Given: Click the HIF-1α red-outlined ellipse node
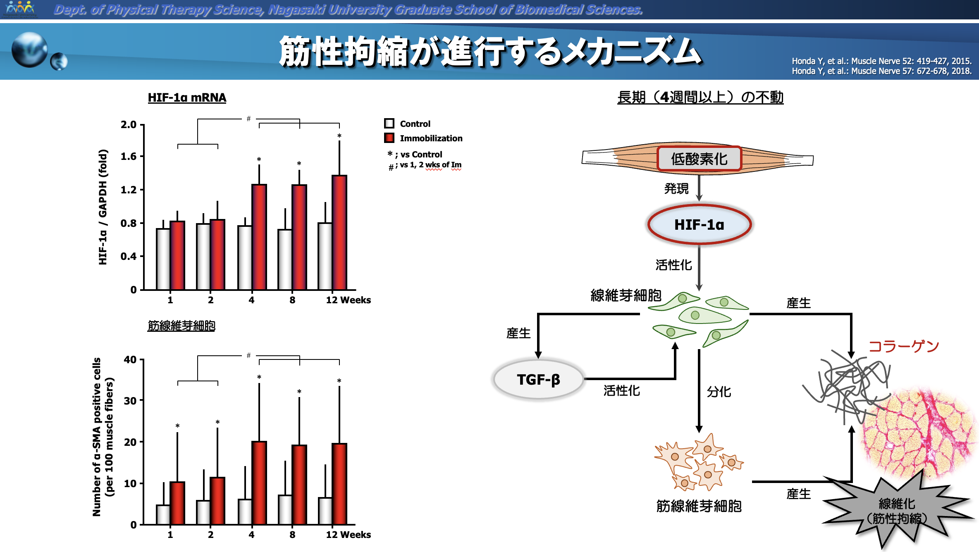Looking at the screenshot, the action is pos(699,224).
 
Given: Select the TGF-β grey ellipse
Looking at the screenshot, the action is pos(538,379).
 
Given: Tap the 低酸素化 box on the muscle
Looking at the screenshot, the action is pos(699,159).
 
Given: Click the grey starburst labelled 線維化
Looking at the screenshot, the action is pos(896,511).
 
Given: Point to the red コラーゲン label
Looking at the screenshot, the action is pos(904,346).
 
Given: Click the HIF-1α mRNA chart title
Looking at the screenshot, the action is pos(187,98).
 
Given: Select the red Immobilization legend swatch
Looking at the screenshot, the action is pos(389,138).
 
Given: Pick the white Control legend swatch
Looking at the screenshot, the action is pos(389,124).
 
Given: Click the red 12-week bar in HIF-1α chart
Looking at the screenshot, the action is pos(339,233).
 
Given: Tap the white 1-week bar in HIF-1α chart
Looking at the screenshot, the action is pos(163,259).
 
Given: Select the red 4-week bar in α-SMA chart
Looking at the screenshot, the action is pos(259,483).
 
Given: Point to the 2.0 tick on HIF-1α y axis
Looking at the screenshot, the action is pos(129,124).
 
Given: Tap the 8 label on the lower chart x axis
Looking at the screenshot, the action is pos(292,535).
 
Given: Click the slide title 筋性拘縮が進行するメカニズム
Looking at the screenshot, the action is pos(490,52).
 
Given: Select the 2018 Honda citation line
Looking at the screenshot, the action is pos(881,71).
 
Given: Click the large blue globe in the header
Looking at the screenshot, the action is pos(30,50).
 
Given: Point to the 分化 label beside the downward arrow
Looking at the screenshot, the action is pos(719,391).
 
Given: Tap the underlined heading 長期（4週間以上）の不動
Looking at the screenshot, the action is pos(700,98).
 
